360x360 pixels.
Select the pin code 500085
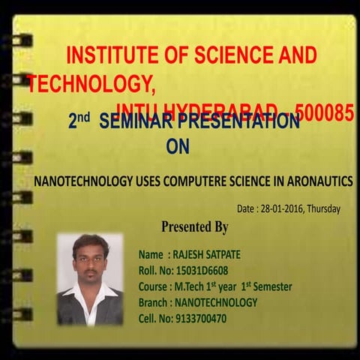325,113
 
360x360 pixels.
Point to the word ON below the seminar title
178,148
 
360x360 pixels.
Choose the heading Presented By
194,226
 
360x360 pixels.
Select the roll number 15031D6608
200,270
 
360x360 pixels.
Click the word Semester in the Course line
271,286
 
